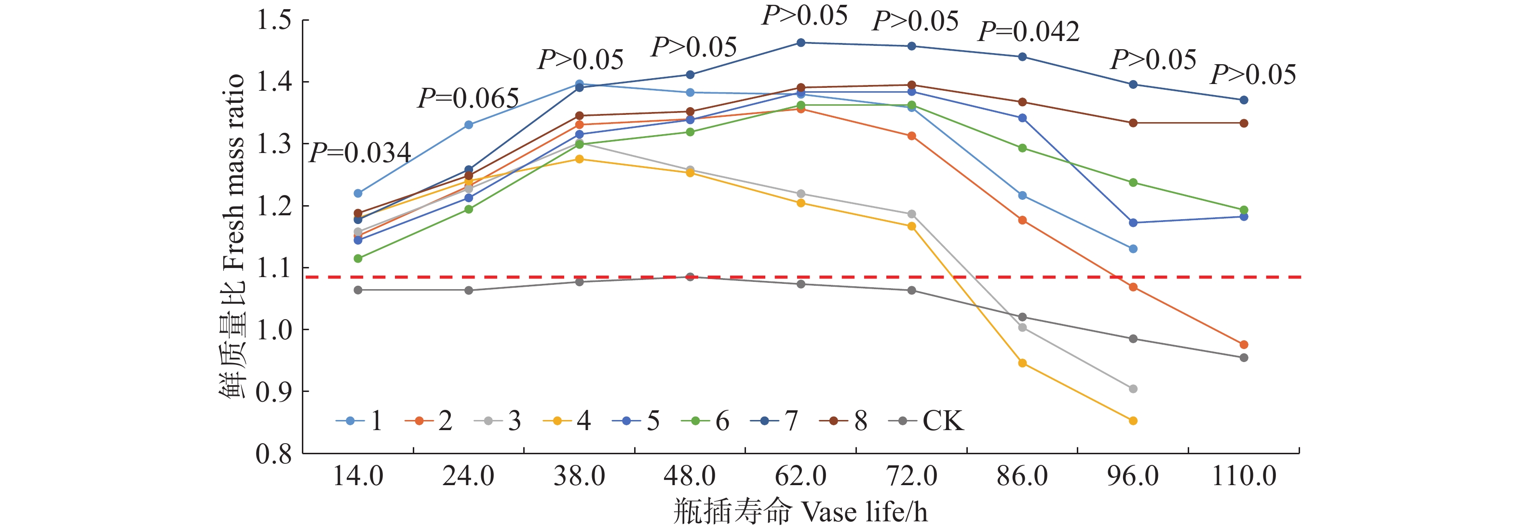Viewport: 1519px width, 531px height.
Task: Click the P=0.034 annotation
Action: click(x=360, y=154)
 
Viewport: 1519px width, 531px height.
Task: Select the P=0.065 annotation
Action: click(x=468, y=98)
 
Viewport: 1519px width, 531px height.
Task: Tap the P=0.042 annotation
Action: click(x=1029, y=31)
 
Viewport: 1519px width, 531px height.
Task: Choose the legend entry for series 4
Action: click(x=567, y=420)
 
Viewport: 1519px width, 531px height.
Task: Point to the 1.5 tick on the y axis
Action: click(x=274, y=20)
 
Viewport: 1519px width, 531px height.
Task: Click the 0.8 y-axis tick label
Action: click(x=274, y=454)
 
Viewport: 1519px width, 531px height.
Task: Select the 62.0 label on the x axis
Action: click(x=801, y=475)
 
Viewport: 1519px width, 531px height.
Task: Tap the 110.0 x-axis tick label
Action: click(x=1244, y=475)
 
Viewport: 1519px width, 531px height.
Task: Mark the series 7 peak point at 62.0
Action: click(x=801, y=42)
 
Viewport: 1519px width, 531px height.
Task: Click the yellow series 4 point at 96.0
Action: click(x=1133, y=420)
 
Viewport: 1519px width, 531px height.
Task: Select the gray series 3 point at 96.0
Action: click(x=1133, y=389)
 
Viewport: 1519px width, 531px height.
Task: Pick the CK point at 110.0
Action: click(x=1244, y=358)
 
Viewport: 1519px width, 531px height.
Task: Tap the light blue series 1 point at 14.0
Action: click(x=358, y=193)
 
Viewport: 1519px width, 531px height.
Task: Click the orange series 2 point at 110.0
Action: click(x=1244, y=345)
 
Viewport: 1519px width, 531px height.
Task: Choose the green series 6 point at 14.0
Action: click(x=358, y=258)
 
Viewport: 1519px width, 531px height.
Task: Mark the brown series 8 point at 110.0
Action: click(x=1244, y=123)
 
